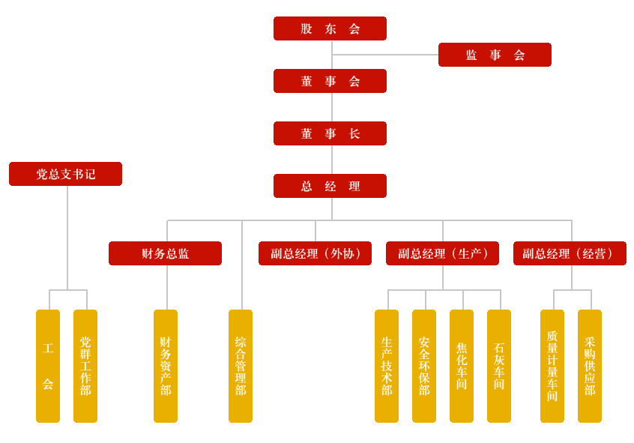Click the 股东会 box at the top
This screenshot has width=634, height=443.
click(330, 28)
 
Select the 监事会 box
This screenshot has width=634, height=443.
click(495, 55)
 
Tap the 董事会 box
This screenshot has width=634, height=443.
click(330, 81)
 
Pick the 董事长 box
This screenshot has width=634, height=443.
click(330, 133)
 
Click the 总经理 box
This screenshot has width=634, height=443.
click(330, 186)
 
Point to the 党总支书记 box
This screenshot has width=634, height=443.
click(65, 174)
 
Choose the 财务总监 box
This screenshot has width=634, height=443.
click(165, 253)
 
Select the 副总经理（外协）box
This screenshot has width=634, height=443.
click(315, 253)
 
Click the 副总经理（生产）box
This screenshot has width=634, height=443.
click(442, 253)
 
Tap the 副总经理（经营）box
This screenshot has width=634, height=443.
click(570, 253)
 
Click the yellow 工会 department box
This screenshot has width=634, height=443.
click(48, 366)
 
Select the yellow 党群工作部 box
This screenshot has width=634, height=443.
click(85, 366)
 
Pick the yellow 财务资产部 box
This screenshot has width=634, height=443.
click(166, 366)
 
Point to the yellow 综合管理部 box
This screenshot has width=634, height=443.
click(241, 366)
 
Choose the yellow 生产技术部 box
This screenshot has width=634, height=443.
click(387, 366)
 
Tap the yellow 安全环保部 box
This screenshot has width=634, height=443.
click(424, 366)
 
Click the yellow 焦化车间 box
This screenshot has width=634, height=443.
click(462, 366)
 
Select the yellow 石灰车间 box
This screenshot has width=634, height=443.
click(499, 366)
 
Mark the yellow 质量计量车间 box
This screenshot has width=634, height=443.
click(552, 366)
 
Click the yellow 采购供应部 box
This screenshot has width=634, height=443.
click(590, 366)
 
